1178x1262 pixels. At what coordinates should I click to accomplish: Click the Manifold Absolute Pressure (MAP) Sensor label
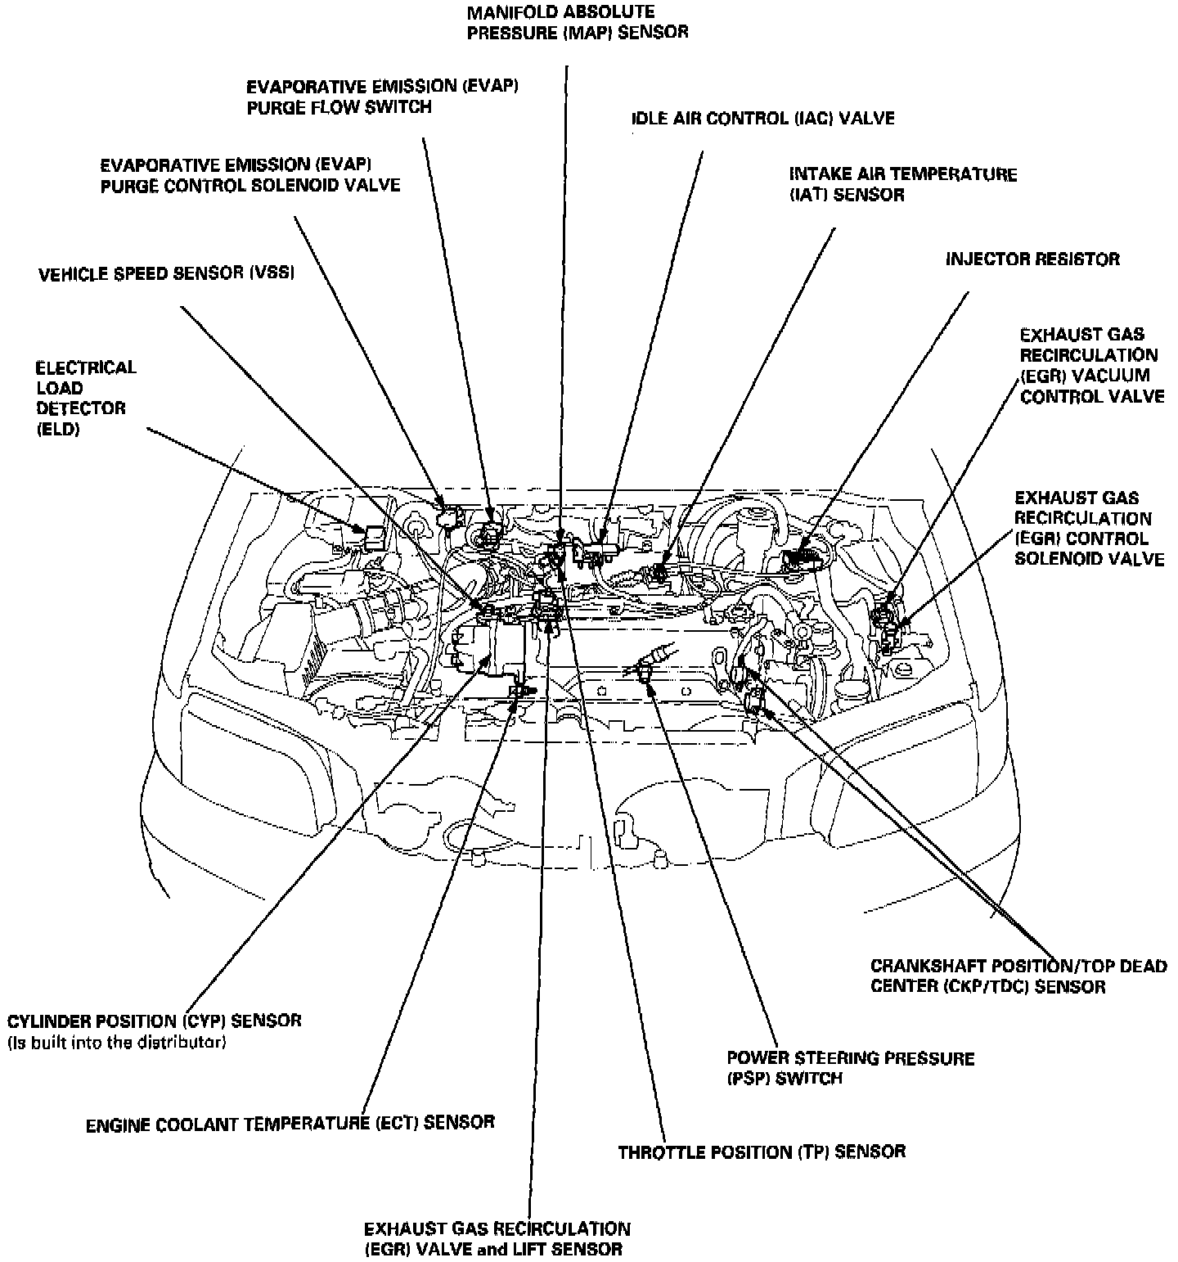coord(577,22)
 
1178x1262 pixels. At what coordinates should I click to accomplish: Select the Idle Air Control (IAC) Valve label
coord(762,119)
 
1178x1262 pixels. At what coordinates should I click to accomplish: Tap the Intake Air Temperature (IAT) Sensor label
coord(902,184)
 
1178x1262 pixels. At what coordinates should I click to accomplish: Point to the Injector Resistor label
coord(1032,259)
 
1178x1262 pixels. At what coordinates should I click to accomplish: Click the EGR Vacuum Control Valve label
coord(1091,365)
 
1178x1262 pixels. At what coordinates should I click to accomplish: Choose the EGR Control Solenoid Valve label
coord(1088,529)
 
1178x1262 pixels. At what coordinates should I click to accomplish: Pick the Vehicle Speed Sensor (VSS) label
coord(166,273)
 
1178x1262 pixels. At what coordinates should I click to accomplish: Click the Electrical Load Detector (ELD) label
coord(86,398)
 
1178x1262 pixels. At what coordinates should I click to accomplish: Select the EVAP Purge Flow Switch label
coord(382,97)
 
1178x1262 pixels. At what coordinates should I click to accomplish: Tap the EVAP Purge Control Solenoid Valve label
coord(250,175)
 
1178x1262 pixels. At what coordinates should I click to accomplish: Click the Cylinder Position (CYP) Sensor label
coord(155,1021)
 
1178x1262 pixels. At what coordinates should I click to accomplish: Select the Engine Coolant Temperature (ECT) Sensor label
coord(290,1123)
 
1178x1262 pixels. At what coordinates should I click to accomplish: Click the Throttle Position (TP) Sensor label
coord(761,1152)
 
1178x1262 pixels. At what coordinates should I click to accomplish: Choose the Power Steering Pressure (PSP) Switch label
coord(850,1068)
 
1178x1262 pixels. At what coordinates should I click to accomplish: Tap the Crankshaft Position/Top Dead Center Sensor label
coord(1018,976)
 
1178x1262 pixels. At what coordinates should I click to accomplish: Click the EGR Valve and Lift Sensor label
coord(497,1239)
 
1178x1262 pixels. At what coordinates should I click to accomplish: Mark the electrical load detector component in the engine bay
coord(376,537)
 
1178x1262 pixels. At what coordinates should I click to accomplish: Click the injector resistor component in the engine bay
coord(799,560)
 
